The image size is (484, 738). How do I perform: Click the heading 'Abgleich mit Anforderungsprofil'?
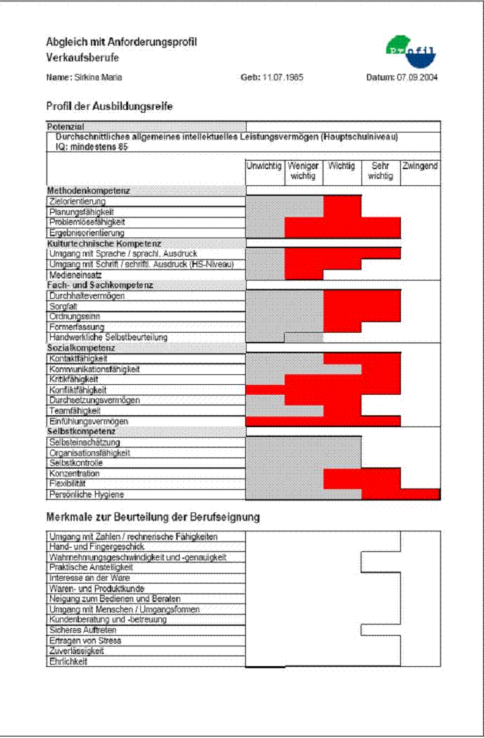(121, 42)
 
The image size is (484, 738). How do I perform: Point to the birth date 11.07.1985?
(283, 78)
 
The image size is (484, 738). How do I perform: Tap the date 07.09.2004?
(417, 78)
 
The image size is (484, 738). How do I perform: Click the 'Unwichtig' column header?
(265, 166)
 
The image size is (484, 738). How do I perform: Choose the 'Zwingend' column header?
(420, 166)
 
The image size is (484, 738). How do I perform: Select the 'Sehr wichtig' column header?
(380, 171)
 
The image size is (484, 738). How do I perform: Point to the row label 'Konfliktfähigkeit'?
(77, 390)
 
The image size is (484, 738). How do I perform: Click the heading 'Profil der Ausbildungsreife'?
(109, 106)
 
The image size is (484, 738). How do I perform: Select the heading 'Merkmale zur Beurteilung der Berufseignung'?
(153, 517)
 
